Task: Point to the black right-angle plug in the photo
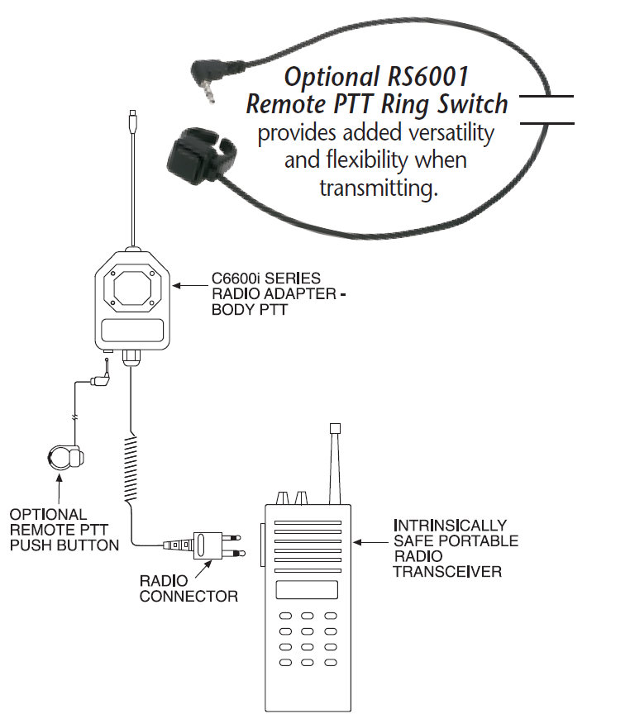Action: (211, 77)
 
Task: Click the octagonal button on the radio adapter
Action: (131, 289)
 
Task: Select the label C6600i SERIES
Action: (266, 279)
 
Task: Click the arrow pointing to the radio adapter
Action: (190, 286)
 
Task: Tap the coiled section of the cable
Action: (131, 468)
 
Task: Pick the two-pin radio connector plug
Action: (205, 545)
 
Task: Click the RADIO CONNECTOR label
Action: (189, 588)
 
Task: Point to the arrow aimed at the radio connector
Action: (203, 569)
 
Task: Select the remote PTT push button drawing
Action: (66, 457)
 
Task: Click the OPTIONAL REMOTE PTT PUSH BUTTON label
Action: (64, 530)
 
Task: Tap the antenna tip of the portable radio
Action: (335, 429)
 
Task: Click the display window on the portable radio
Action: (307, 590)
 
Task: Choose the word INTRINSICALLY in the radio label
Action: (450, 525)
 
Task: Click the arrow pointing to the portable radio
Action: (371, 542)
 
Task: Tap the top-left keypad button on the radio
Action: (285, 616)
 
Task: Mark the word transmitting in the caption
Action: (379, 188)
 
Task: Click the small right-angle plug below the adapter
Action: (102, 374)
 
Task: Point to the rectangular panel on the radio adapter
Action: (132, 331)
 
